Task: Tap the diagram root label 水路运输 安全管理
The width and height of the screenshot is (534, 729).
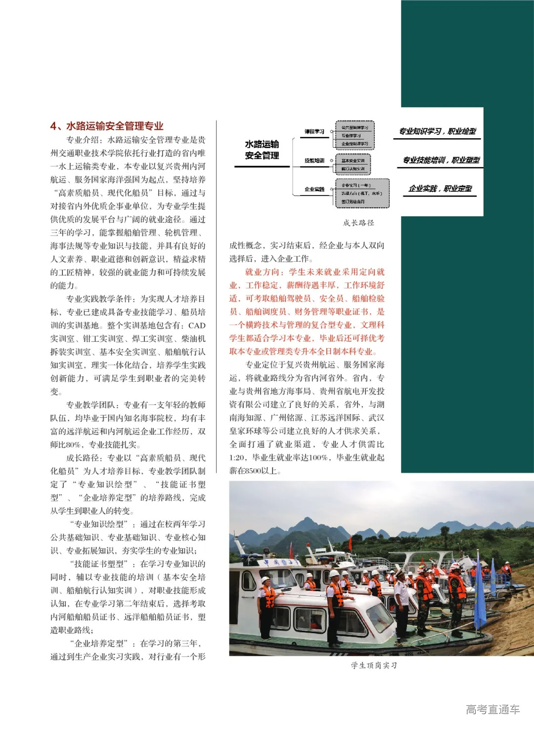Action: [262, 150]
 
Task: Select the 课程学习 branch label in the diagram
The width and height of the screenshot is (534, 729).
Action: [314, 131]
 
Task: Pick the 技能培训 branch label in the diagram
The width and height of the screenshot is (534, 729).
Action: [314, 161]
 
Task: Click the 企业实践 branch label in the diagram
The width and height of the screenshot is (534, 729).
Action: [314, 189]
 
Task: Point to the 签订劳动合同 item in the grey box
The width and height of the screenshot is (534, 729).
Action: [353, 202]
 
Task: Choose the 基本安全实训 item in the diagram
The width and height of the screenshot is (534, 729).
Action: [353, 161]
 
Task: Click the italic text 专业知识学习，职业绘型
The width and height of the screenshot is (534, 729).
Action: [438, 131]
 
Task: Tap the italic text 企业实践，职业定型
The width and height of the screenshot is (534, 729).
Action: [440, 189]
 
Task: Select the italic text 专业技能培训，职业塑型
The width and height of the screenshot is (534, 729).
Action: [441, 160]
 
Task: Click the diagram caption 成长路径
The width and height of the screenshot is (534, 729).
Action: [358, 223]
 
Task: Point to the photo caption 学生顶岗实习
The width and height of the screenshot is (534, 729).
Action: [374, 665]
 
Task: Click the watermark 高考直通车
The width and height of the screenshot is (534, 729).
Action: [492, 710]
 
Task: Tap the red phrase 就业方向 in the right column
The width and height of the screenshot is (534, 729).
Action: [263, 272]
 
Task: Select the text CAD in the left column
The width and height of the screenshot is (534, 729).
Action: [197, 325]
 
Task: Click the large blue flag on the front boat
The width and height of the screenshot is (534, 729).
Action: [479, 593]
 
